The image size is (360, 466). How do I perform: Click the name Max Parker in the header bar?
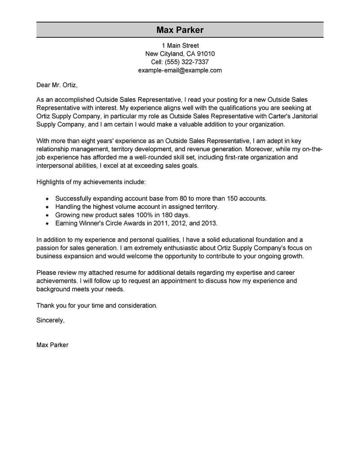[x=180, y=30]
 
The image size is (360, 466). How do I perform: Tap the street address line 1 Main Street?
[x=180, y=45]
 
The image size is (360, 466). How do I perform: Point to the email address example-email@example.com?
[x=180, y=71]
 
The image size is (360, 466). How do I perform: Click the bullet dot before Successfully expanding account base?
[x=48, y=199]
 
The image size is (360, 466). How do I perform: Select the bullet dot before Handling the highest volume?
[x=48, y=207]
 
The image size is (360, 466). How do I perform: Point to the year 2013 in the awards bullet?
[x=208, y=223]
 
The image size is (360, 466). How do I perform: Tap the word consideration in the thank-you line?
[x=137, y=305]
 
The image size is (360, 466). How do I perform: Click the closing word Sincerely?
[x=50, y=320]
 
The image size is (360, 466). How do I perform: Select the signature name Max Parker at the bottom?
[x=53, y=345]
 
